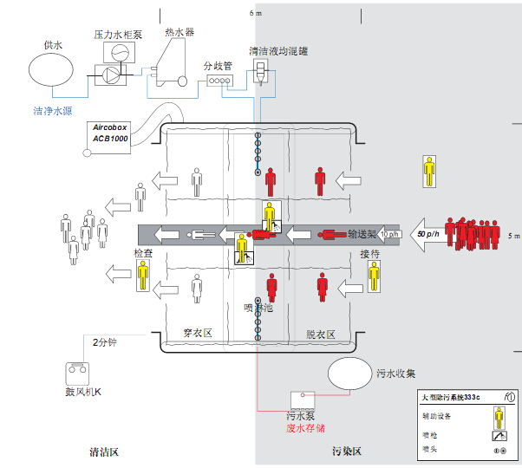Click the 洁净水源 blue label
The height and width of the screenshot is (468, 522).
coord(57,111)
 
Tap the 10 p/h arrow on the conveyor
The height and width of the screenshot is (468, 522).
coord(388,234)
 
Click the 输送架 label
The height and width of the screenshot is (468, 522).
coord(361,233)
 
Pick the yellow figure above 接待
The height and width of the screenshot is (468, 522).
coord(374,276)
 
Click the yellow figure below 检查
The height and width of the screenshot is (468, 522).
coord(141,275)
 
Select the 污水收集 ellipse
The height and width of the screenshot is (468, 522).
coord(352,374)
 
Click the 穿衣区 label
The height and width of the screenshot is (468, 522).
coord(198,334)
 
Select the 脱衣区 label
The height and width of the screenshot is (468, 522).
coord(320,334)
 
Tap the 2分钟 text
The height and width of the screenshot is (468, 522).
coord(105,342)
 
